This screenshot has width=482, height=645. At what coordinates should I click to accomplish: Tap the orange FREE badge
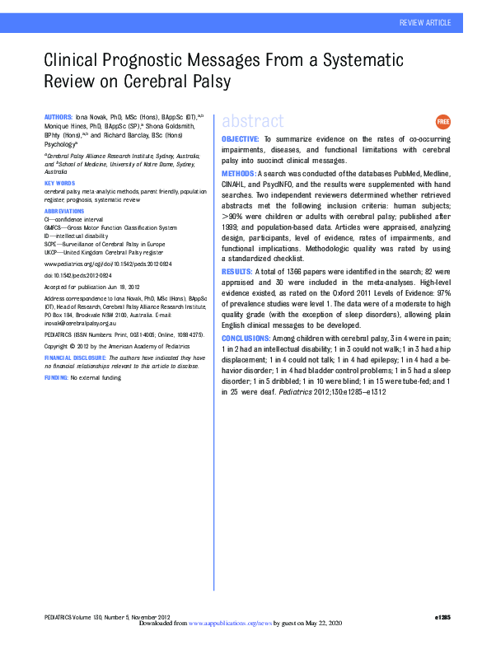click(x=442, y=121)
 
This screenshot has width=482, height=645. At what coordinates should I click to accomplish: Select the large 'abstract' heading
click(x=247, y=122)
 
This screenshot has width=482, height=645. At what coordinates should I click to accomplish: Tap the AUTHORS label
click(x=58, y=119)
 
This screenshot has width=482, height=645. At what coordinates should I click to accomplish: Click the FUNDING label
click(x=55, y=376)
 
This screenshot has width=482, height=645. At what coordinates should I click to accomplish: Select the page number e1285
click(x=442, y=617)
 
